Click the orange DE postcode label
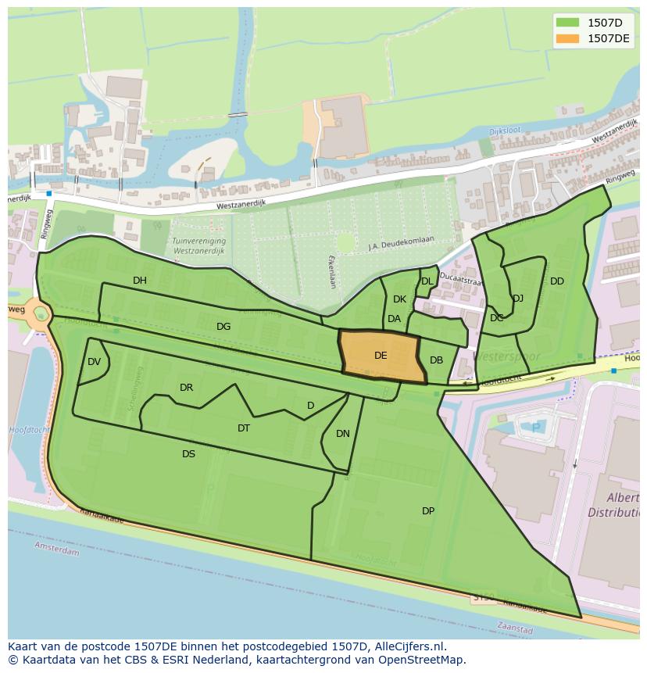coord(381,356)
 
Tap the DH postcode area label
coord(140,281)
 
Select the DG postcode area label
coord(223,327)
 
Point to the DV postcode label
coord(95,362)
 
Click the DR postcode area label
coord(186,388)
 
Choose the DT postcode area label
coord(244,428)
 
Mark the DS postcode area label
coord(188,454)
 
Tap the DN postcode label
coord(343,434)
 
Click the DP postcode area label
coord(428,511)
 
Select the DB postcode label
coord(436,360)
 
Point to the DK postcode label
coord(399,299)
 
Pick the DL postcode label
coord(427,281)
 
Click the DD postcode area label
coord(556,281)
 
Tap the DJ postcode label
coord(518,298)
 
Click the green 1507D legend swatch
coord(567,22)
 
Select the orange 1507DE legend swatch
coord(567,38)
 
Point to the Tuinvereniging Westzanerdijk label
coord(198,246)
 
